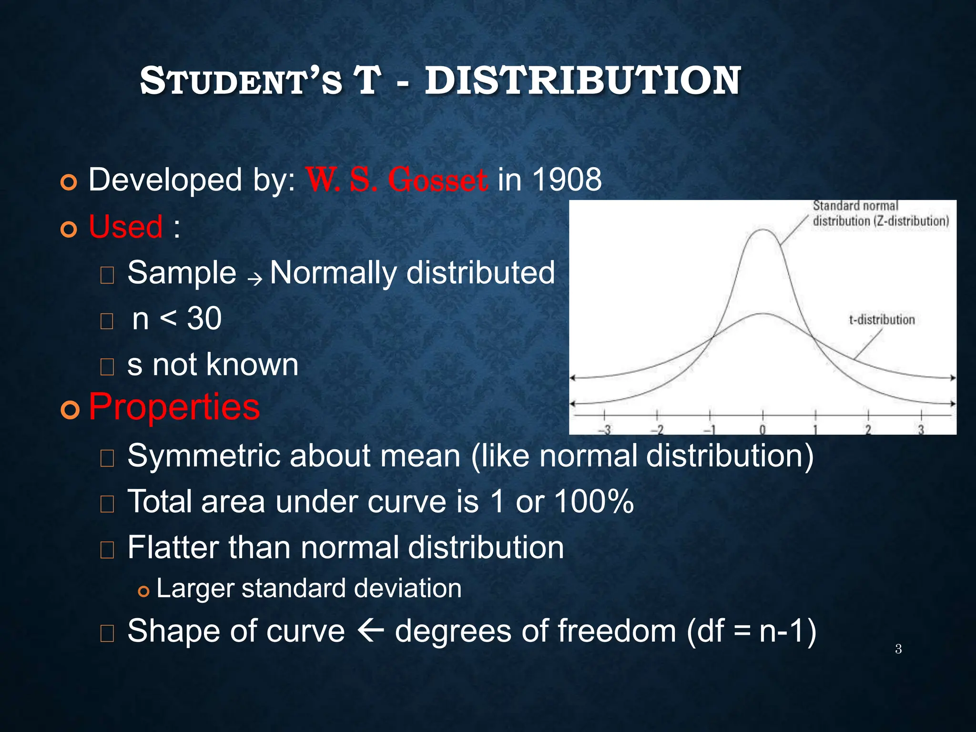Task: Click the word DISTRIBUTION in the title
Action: (582, 81)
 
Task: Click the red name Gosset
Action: (437, 180)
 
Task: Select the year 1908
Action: (567, 180)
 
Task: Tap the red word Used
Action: (126, 226)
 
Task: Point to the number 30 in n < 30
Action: (204, 318)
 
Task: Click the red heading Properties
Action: (174, 407)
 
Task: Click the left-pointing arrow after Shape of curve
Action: (370, 630)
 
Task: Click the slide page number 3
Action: (898, 649)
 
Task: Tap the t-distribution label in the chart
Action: (882, 320)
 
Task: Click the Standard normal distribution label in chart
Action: (880, 213)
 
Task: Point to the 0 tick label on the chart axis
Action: (762, 430)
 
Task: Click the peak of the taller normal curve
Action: (763, 230)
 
